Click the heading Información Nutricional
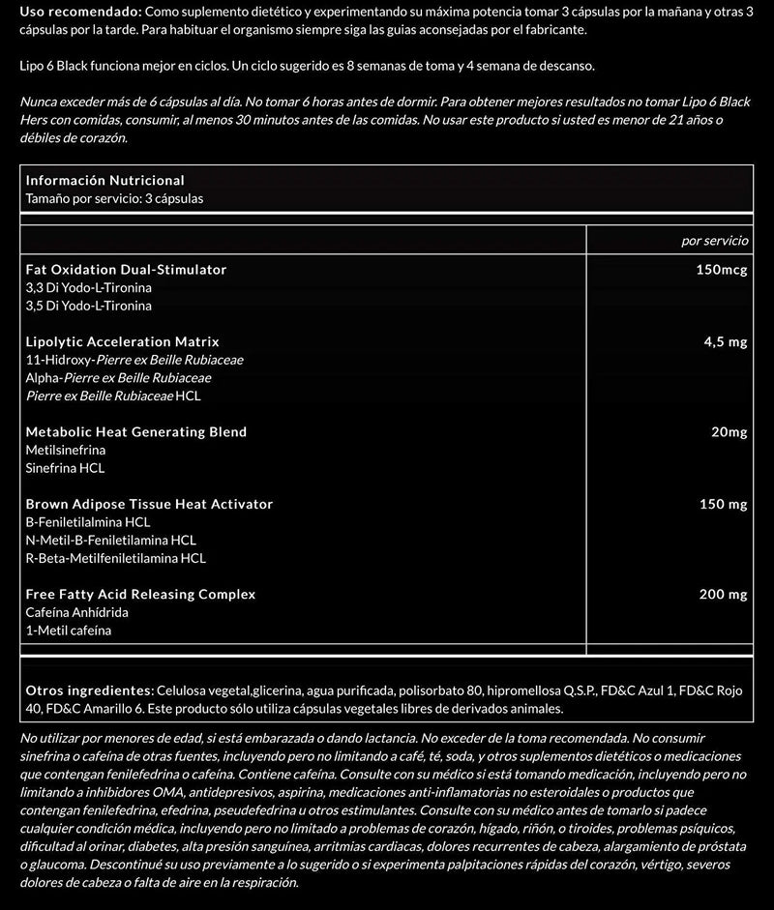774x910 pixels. click(x=104, y=181)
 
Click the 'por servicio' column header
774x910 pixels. click(x=714, y=240)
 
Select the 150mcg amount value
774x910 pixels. click(x=721, y=269)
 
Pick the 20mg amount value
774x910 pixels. click(x=729, y=432)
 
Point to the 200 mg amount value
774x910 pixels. click(x=723, y=595)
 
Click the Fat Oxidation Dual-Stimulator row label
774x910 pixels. click(x=126, y=269)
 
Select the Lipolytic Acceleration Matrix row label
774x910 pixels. click(x=122, y=341)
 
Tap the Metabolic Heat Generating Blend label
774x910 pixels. click(x=135, y=432)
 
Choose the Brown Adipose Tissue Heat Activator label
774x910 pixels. click(x=149, y=504)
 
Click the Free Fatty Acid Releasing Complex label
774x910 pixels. click(x=140, y=595)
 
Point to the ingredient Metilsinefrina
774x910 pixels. click(x=66, y=450)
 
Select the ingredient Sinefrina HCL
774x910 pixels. click(x=65, y=468)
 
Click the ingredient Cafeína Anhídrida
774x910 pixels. click(x=77, y=612)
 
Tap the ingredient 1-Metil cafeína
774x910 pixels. click(x=69, y=631)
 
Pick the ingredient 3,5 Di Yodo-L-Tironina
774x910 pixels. click(x=88, y=306)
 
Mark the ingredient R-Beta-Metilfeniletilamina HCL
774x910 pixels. click(x=115, y=558)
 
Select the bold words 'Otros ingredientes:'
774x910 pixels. click(x=89, y=690)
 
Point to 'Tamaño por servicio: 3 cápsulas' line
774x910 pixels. click(x=114, y=198)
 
